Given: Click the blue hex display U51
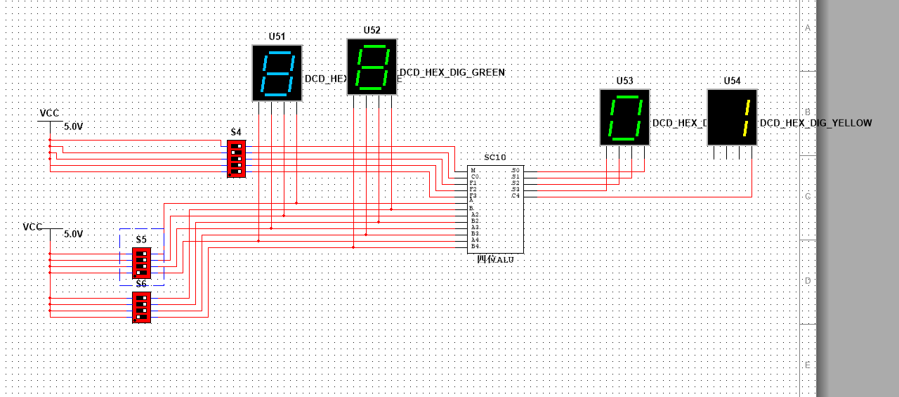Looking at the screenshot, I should pyautogui.click(x=277, y=73).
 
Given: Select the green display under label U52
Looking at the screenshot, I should pyautogui.click(x=372, y=67).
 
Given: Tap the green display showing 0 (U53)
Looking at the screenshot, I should pyautogui.click(x=624, y=117).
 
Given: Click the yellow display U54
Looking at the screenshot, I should pyautogui.click(x=732, y=117).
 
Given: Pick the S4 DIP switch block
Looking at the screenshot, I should pyautogui.click(x=237, y=159).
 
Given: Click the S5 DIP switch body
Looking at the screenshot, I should pyautogui.click(x=141, y=263).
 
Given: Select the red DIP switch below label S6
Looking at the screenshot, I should pyautogui.click(x=141, y=308).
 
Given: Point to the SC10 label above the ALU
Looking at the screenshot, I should pyautogui.click(x=494, y=157).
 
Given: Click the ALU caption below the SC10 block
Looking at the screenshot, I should pyautogui.click(x=495, y=260).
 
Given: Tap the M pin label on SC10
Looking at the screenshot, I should pyautogui.click(x=473, y=170).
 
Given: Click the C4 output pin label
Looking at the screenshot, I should pyautogui.click(x=516, y=195).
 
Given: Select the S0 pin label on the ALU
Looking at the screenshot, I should pyautogui.click(x=516, y=170).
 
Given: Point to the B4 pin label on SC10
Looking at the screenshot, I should pyautogui.click(x=475, y=247).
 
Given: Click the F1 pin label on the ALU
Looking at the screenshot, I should pyautogui.click(x=474, y=183).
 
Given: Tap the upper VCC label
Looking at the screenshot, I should pyautogui.click(x=49, y=113).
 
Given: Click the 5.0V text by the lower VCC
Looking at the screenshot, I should pyautogui.click(x=74, y=234).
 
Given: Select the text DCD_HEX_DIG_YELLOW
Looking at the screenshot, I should pyautogui.click(x=816, y=123).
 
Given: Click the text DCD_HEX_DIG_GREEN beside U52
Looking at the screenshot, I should pyautogui.click(x=452, y=72).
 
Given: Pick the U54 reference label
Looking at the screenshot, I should pyautogui.click(x=732, y=81).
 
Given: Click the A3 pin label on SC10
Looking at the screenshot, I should pyautogui.click(x=475, y=227).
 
